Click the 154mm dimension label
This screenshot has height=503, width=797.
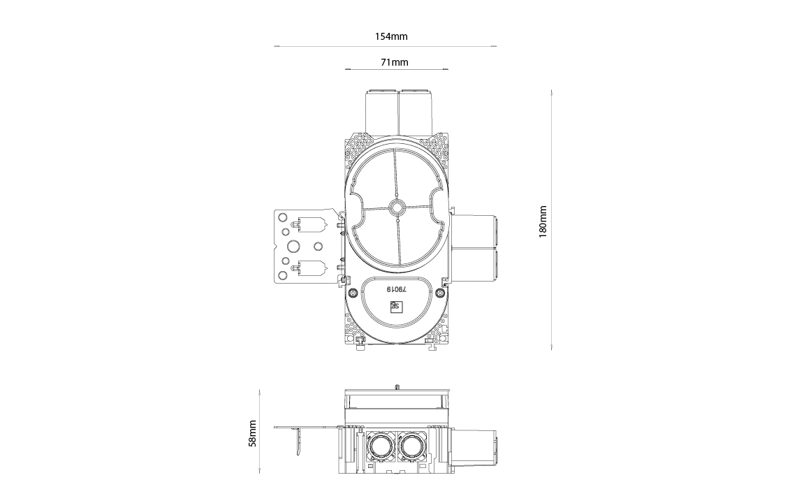coord(391,36)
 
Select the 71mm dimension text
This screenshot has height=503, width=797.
coord(395,63)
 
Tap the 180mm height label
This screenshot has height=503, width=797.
coord(543,221)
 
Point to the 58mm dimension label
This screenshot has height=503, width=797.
coord(252,433)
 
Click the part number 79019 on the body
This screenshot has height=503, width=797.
coord(397,289)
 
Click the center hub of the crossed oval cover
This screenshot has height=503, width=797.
coord(396,208)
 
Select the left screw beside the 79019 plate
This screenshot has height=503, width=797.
coord(352,293)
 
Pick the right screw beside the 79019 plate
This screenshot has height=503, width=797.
coord(440,293)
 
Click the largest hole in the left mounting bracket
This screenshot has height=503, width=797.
coord(292,247)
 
